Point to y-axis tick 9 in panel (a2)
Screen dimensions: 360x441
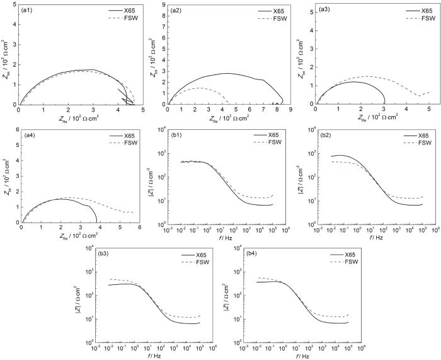click(164, 6)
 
